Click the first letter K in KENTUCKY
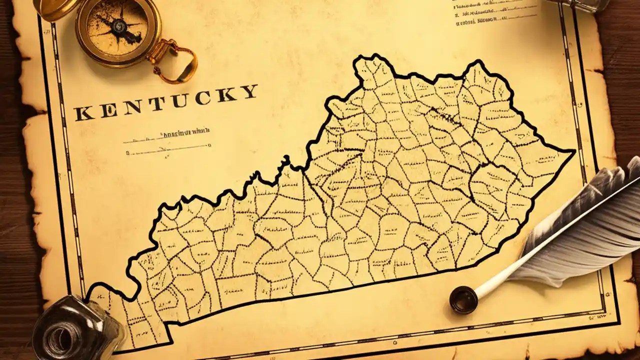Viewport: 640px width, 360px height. click(83, 113)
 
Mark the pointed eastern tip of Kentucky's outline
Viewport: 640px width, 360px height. click(574, 151)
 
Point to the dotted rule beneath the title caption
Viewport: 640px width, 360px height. click(167, 147)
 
